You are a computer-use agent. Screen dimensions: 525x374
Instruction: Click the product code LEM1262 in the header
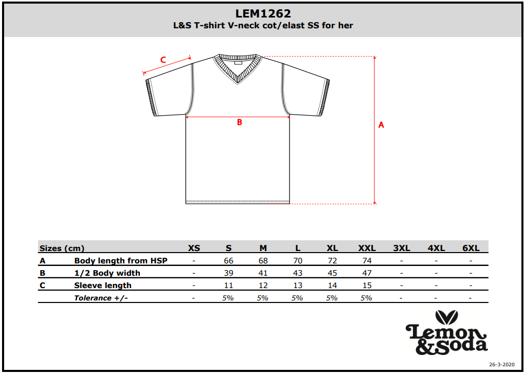click(x=263, y=13)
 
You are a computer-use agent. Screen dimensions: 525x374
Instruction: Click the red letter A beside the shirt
click(x=381, y=124)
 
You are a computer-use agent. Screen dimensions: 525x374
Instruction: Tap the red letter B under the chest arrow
click(x=240, y=122)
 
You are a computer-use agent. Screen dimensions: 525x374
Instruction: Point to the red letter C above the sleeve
click(x=163, y=60)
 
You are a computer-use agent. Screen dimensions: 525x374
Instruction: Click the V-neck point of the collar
click(x=238, y=83)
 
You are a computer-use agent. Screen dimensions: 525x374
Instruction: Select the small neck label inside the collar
click(x=238, y=62)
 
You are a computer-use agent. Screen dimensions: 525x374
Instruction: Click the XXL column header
click(x=367, y=248)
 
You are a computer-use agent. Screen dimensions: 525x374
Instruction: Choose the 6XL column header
click(x=471, y=248)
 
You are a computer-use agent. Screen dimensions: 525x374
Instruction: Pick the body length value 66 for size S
click(x=228, y=260)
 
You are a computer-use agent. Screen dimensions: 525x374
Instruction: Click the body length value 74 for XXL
click(x=367, y=260)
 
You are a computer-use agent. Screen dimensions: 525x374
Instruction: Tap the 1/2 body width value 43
click(x=298, y=273)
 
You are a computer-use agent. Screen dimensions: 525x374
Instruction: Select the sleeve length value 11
click(x=228, y=285)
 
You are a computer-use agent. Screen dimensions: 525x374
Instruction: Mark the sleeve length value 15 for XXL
click(x=367, y=285)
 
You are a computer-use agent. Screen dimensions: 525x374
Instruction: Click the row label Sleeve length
click(x=103, y=286)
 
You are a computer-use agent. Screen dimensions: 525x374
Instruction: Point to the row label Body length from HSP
click(x=120, y=260)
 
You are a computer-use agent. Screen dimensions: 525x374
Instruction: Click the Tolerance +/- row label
click(x=101, y=298)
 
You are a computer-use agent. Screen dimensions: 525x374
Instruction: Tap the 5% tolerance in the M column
click(x=263, y=298)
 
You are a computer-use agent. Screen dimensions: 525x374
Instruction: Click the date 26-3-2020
click(x=501, y=365)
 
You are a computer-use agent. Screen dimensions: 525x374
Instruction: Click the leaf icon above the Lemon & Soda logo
click(x=447, y=317)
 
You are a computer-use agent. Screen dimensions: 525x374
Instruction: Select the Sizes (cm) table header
click(x=62, y=248)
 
